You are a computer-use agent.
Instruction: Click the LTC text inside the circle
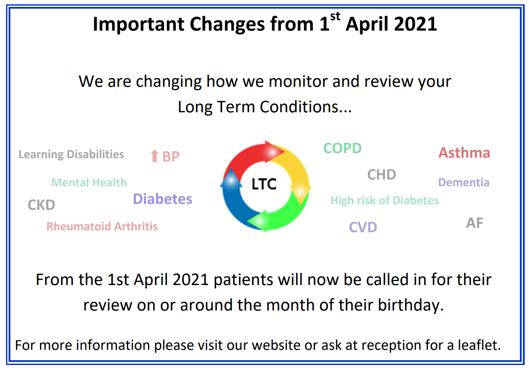[x=264, y=184]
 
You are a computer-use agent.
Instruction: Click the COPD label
[x=343, y=148]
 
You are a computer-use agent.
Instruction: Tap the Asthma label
[x=464, y=152]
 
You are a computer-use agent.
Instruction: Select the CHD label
[x=381, y=174]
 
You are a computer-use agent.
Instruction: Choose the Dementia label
[x=464, y=182]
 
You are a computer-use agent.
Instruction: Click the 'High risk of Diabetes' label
[x=384, y=200]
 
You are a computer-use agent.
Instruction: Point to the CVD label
[x=363, y=227]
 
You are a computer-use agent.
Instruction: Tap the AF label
[x=475, y=223]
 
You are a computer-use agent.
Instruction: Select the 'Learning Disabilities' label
[x=71, y=155]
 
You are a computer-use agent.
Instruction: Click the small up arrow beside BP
[x=154, y=156]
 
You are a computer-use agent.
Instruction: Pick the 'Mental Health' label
[x=89, y=182]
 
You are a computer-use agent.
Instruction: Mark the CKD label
[x=41, y=205]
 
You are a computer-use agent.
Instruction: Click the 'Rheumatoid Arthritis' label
[x=102, y=226]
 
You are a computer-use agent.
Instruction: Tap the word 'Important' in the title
[x=139, y=24]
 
